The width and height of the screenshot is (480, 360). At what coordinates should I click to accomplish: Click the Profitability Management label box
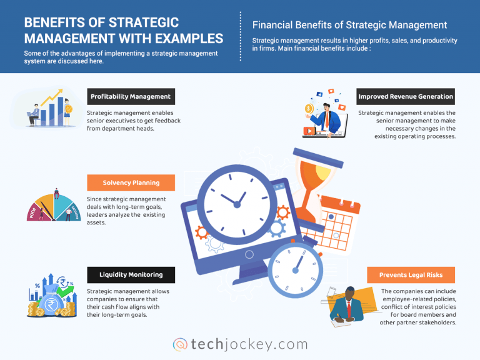130,96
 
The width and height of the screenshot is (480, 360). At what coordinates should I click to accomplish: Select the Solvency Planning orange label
130,182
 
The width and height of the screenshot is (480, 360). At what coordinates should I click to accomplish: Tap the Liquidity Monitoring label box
131,274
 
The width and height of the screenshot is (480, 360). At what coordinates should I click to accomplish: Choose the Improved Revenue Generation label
406,96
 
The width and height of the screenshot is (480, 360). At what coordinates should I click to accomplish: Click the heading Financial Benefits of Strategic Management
349,25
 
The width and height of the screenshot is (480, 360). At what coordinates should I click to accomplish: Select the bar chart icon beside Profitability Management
56,110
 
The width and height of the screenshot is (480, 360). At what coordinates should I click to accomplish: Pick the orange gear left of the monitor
201,232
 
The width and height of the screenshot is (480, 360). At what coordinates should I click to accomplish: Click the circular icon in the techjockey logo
180,344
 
